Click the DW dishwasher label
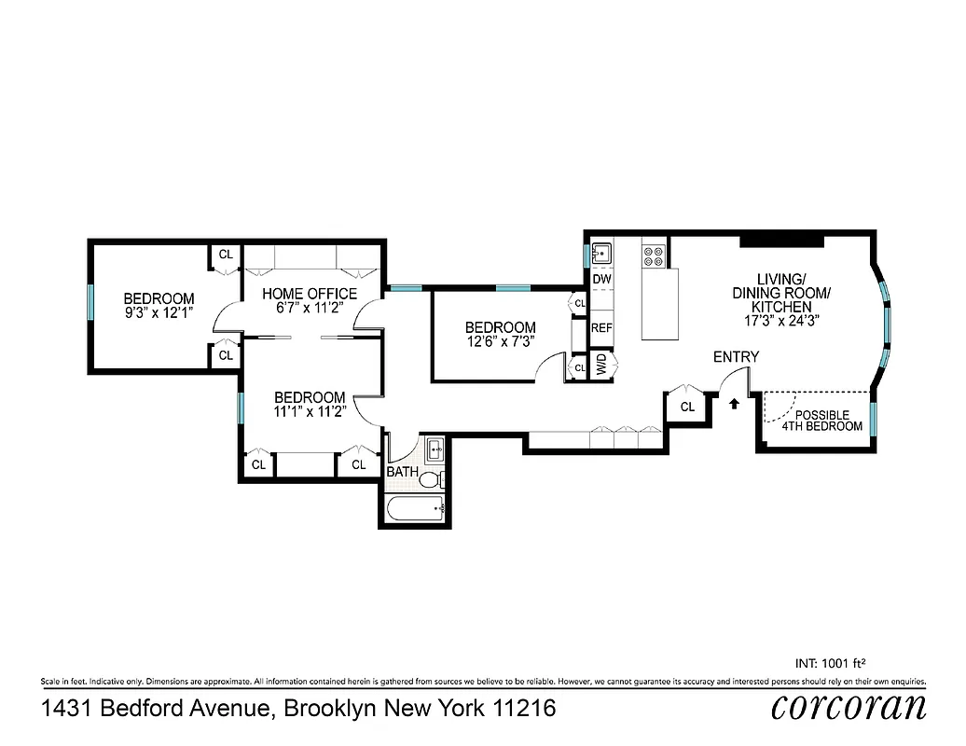coord(601,279)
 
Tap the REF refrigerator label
coord(601,328)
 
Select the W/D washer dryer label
coord(602,362)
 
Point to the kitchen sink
coord(601,253)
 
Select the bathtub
coord(415,510)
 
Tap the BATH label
coord(403,472)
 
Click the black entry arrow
coord(735,404)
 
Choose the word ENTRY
coord(736,357)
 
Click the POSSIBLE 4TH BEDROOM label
coord(821,421)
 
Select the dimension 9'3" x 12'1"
coord(159,312)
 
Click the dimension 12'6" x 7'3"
coord(500,341)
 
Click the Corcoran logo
coord(849,706)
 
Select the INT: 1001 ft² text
coord(838,664)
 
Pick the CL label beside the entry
coord(687,407)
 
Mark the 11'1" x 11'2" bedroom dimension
coord(309,410)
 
